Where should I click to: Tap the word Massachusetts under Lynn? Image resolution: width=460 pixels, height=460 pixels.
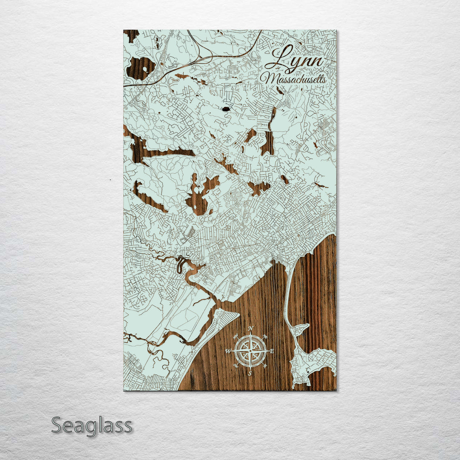pos(294,79)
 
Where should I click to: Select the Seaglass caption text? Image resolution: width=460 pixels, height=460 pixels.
pos(92,425)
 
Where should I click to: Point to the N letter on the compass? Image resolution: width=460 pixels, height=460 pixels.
pos(251,328)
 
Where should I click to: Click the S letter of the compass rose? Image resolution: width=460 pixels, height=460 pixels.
pos(250,374)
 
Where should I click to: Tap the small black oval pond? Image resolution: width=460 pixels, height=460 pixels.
pos(225,109)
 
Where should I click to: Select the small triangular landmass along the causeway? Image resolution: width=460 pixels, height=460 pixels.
pos(302,329)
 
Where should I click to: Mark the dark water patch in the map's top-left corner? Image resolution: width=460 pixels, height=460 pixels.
pos(131,35)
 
